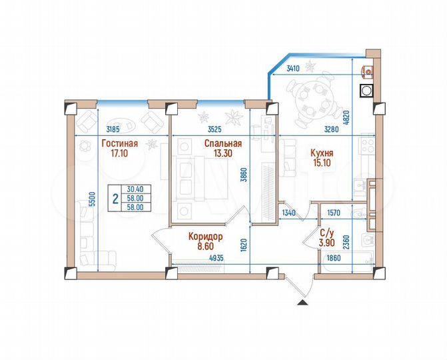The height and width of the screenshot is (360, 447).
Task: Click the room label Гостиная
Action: point(120,143)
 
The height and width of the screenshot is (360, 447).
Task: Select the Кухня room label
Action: point(322,144)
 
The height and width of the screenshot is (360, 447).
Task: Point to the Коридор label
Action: point(205,236)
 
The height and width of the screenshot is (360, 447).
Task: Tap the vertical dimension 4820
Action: point(364,119)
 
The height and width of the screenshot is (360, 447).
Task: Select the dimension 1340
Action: point(289,213)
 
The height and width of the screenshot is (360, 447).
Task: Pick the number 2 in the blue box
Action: point(116,199)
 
